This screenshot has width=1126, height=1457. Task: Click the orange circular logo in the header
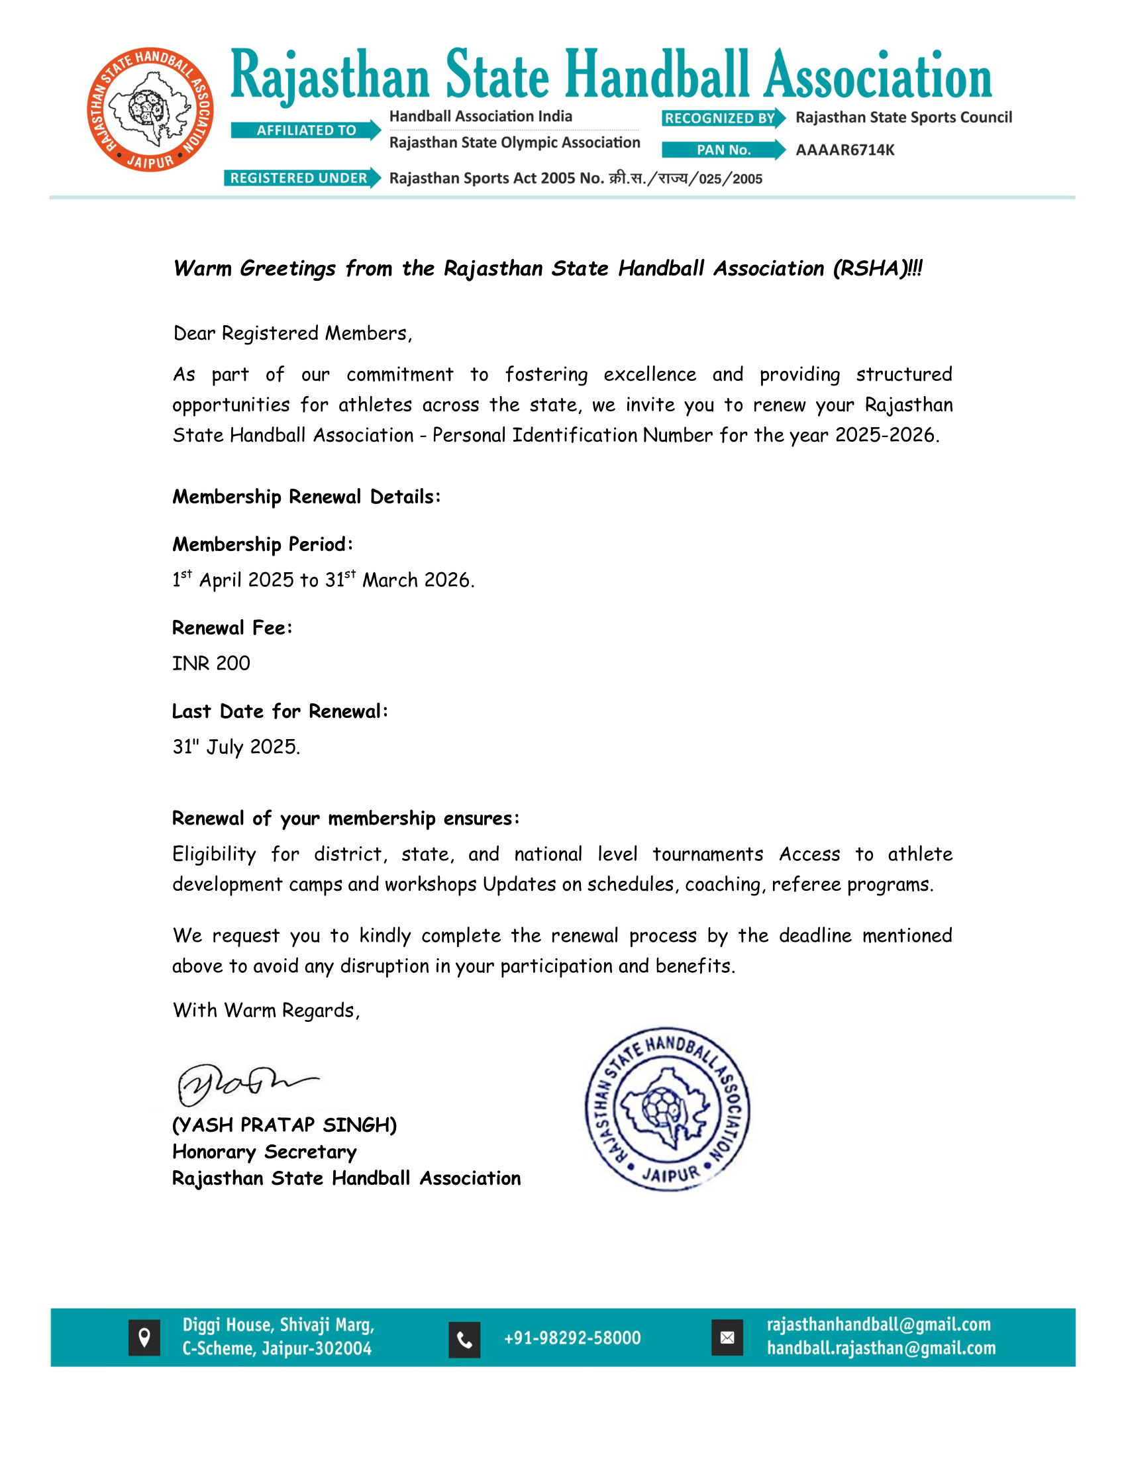[150, 109]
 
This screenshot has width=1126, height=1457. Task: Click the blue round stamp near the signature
[667, 1109]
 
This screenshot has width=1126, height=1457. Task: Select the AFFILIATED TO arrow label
[305, 130]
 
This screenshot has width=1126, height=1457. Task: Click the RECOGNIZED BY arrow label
[723, 118]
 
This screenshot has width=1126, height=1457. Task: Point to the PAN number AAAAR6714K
[844, 150]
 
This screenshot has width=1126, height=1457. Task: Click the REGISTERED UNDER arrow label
[301, 178]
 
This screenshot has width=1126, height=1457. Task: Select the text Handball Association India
[480, 117]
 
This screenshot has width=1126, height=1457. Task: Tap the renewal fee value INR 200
[211, 663]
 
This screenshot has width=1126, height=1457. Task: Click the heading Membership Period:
[262, 544]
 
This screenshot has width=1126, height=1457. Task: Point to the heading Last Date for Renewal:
[280, 711]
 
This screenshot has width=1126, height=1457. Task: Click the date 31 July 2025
[236, 746]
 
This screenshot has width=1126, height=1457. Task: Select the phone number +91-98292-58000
[572, 1338]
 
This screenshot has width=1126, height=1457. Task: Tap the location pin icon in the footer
[144, 1338]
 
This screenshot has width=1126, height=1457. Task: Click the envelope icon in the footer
[727, 1338]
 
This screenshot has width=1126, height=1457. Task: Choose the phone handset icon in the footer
[464, 1339]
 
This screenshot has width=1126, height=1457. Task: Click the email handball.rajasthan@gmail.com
[880, 1348]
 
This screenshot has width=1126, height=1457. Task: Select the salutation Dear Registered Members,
[292, 333]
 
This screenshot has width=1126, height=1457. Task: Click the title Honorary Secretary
[264, 1152]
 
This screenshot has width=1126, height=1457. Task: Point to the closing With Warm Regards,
[266, 1010]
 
